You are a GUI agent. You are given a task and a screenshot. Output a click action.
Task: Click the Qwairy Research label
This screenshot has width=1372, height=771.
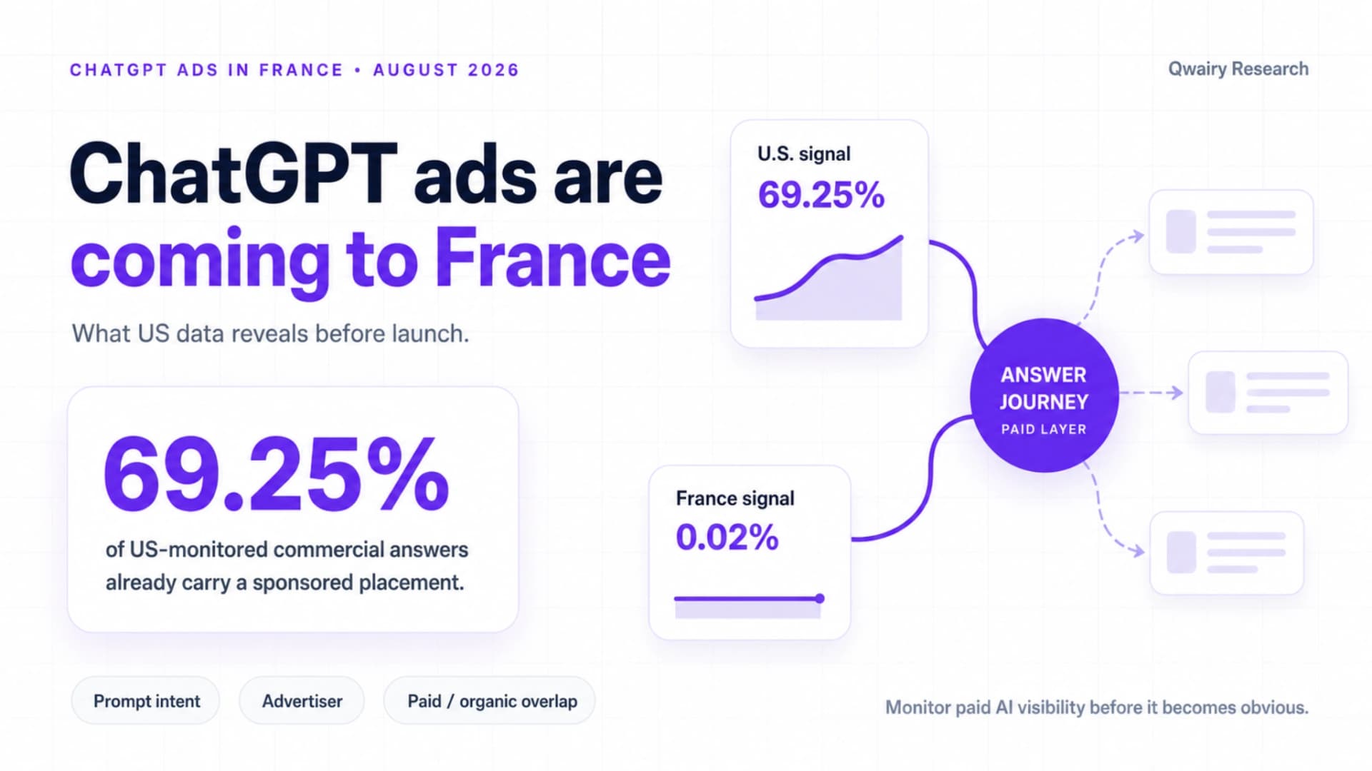[1238, 69]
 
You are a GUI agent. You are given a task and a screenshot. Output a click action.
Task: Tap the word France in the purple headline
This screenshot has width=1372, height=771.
[553, 258]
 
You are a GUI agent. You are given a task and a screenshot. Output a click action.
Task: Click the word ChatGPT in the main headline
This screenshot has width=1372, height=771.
[233, 173]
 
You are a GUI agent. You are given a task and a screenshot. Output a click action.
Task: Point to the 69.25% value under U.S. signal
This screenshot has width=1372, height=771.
[821, 195]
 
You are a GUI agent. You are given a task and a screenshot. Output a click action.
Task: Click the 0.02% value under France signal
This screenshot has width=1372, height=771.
[727, 537]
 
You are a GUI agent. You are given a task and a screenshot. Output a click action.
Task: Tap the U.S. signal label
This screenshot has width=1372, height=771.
[804, 154]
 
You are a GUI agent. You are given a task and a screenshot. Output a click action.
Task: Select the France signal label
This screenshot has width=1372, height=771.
[735, 498]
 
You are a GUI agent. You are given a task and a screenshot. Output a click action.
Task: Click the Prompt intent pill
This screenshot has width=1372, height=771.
[146, 701]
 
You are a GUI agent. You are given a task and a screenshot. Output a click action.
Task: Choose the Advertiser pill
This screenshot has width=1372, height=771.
[302, 701]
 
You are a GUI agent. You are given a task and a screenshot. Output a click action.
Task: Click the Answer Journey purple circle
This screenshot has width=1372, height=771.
[1044, 395]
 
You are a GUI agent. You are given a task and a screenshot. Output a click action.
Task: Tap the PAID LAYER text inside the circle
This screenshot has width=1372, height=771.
[1044, 429]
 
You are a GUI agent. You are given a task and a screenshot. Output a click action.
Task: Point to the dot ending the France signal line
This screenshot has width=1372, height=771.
[820, 598]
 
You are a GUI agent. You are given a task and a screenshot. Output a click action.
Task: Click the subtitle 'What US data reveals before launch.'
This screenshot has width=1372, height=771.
[270, 334]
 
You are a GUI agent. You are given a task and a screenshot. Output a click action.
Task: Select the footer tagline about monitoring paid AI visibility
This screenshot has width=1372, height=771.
[1097, 707]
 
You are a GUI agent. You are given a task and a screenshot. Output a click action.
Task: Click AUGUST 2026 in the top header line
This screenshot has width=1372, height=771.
[446, 70]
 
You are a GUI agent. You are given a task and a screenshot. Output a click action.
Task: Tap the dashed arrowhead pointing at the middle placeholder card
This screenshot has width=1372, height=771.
[1175, 393]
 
